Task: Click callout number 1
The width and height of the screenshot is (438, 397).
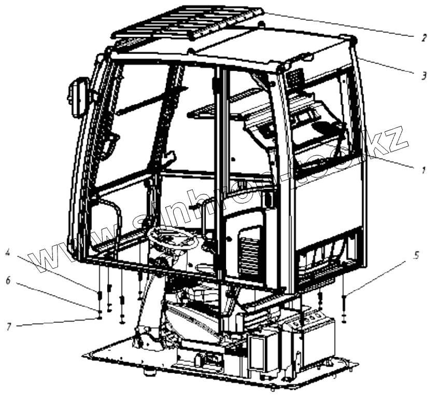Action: tap(423, 170)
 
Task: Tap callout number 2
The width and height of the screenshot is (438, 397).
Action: tap(423, 37)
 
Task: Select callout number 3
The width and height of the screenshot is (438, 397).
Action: tap(423, 76)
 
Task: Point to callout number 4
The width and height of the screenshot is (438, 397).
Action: tap(7, 254)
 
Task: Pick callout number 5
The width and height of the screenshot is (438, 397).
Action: tap(416, 256)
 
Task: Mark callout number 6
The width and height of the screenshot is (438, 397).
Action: tap(7, 280)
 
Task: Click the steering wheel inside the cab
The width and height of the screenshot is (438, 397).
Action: tap(173, 238)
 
